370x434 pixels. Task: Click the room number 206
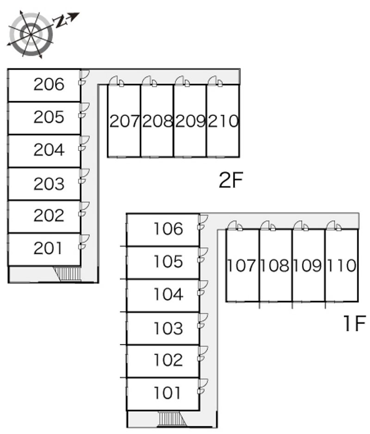click(49, 84)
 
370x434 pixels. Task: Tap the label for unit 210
click(223, 121)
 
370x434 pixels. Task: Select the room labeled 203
click(49, 183)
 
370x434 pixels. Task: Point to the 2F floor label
click(231, 180)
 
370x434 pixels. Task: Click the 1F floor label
click(355, 323)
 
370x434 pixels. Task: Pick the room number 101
click(167, 393)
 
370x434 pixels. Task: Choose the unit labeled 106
click(168, 229)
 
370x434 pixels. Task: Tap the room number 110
click(341, 265)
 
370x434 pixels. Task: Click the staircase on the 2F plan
click(67, 274)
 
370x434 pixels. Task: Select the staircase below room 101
click(172, 419)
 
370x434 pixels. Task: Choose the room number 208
click(158, 121)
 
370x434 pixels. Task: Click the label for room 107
click(241, 265)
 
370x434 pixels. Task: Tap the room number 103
click(168, 328)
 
